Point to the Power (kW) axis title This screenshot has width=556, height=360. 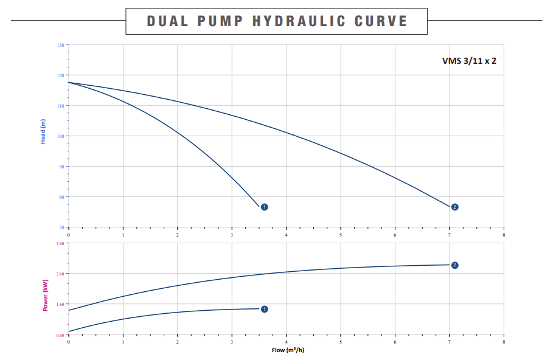(45, 294)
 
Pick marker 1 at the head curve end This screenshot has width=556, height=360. (264, 207)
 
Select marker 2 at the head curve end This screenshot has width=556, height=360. (454, 207)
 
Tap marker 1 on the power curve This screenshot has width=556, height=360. (264, 309)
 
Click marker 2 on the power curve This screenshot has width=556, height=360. (454, 265)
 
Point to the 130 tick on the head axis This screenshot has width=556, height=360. (60, 45)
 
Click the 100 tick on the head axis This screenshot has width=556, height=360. (60, 136)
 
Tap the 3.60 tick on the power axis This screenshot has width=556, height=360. (60, 243)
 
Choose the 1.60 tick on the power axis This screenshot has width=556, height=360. (60, 304)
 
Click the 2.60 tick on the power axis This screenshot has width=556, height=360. (60, 274)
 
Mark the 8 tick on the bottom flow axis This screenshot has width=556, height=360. (504, 342)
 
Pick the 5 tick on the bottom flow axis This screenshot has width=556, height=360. (341, 342)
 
